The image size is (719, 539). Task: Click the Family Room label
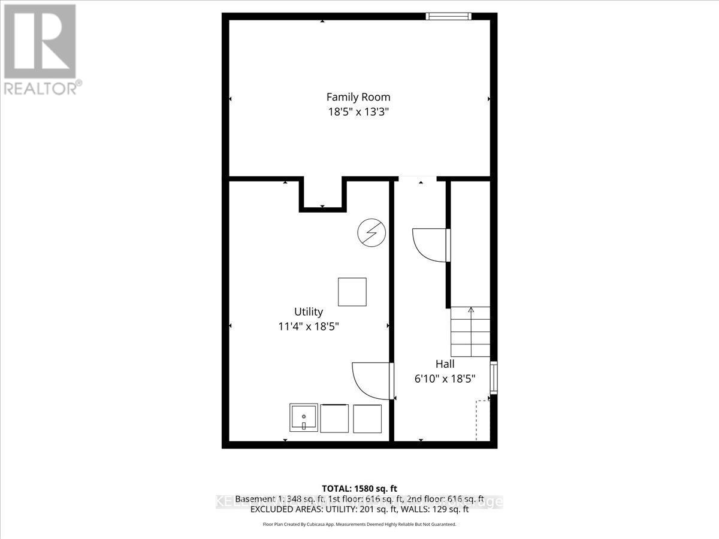coord(358,96)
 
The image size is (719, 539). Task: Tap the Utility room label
coord(309,311)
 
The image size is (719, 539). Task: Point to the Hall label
coord(445,364)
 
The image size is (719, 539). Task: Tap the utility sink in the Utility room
coord(304,418)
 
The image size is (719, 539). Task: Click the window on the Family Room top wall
coord(448,16)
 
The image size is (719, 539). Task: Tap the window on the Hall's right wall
coord(494,378)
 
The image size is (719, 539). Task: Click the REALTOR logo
coord(40,48)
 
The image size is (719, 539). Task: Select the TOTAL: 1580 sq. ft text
coord(359,488)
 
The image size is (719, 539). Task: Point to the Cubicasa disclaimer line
coord(359,524)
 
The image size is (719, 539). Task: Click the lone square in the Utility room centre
coord(352,292)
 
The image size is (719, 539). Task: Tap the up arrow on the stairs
coord(471,310)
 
